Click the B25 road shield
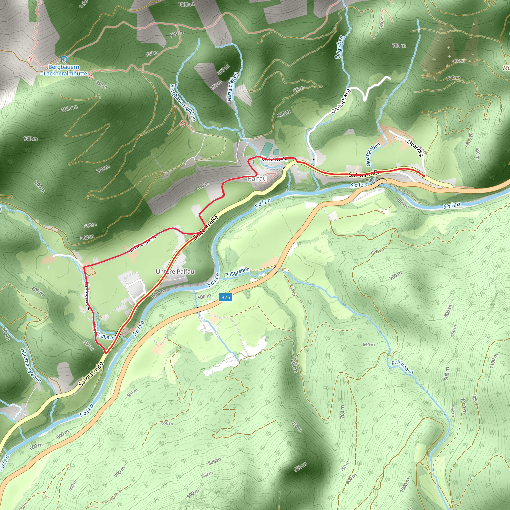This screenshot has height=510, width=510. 225,298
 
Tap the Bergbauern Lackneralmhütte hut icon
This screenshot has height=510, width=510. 63,59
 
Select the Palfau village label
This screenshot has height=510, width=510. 257,179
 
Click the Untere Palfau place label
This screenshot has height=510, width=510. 175,271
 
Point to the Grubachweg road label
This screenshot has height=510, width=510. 341,101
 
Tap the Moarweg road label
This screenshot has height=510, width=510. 415,148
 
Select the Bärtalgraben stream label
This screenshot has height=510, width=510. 233,87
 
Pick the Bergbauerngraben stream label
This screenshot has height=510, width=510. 183,103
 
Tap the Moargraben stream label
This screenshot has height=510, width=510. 373,154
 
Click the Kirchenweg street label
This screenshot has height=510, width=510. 274,158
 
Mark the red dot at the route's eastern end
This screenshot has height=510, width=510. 424,176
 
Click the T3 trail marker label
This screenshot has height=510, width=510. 30,59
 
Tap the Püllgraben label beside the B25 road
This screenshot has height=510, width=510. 237,272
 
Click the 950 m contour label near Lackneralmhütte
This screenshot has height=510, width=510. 101,85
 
